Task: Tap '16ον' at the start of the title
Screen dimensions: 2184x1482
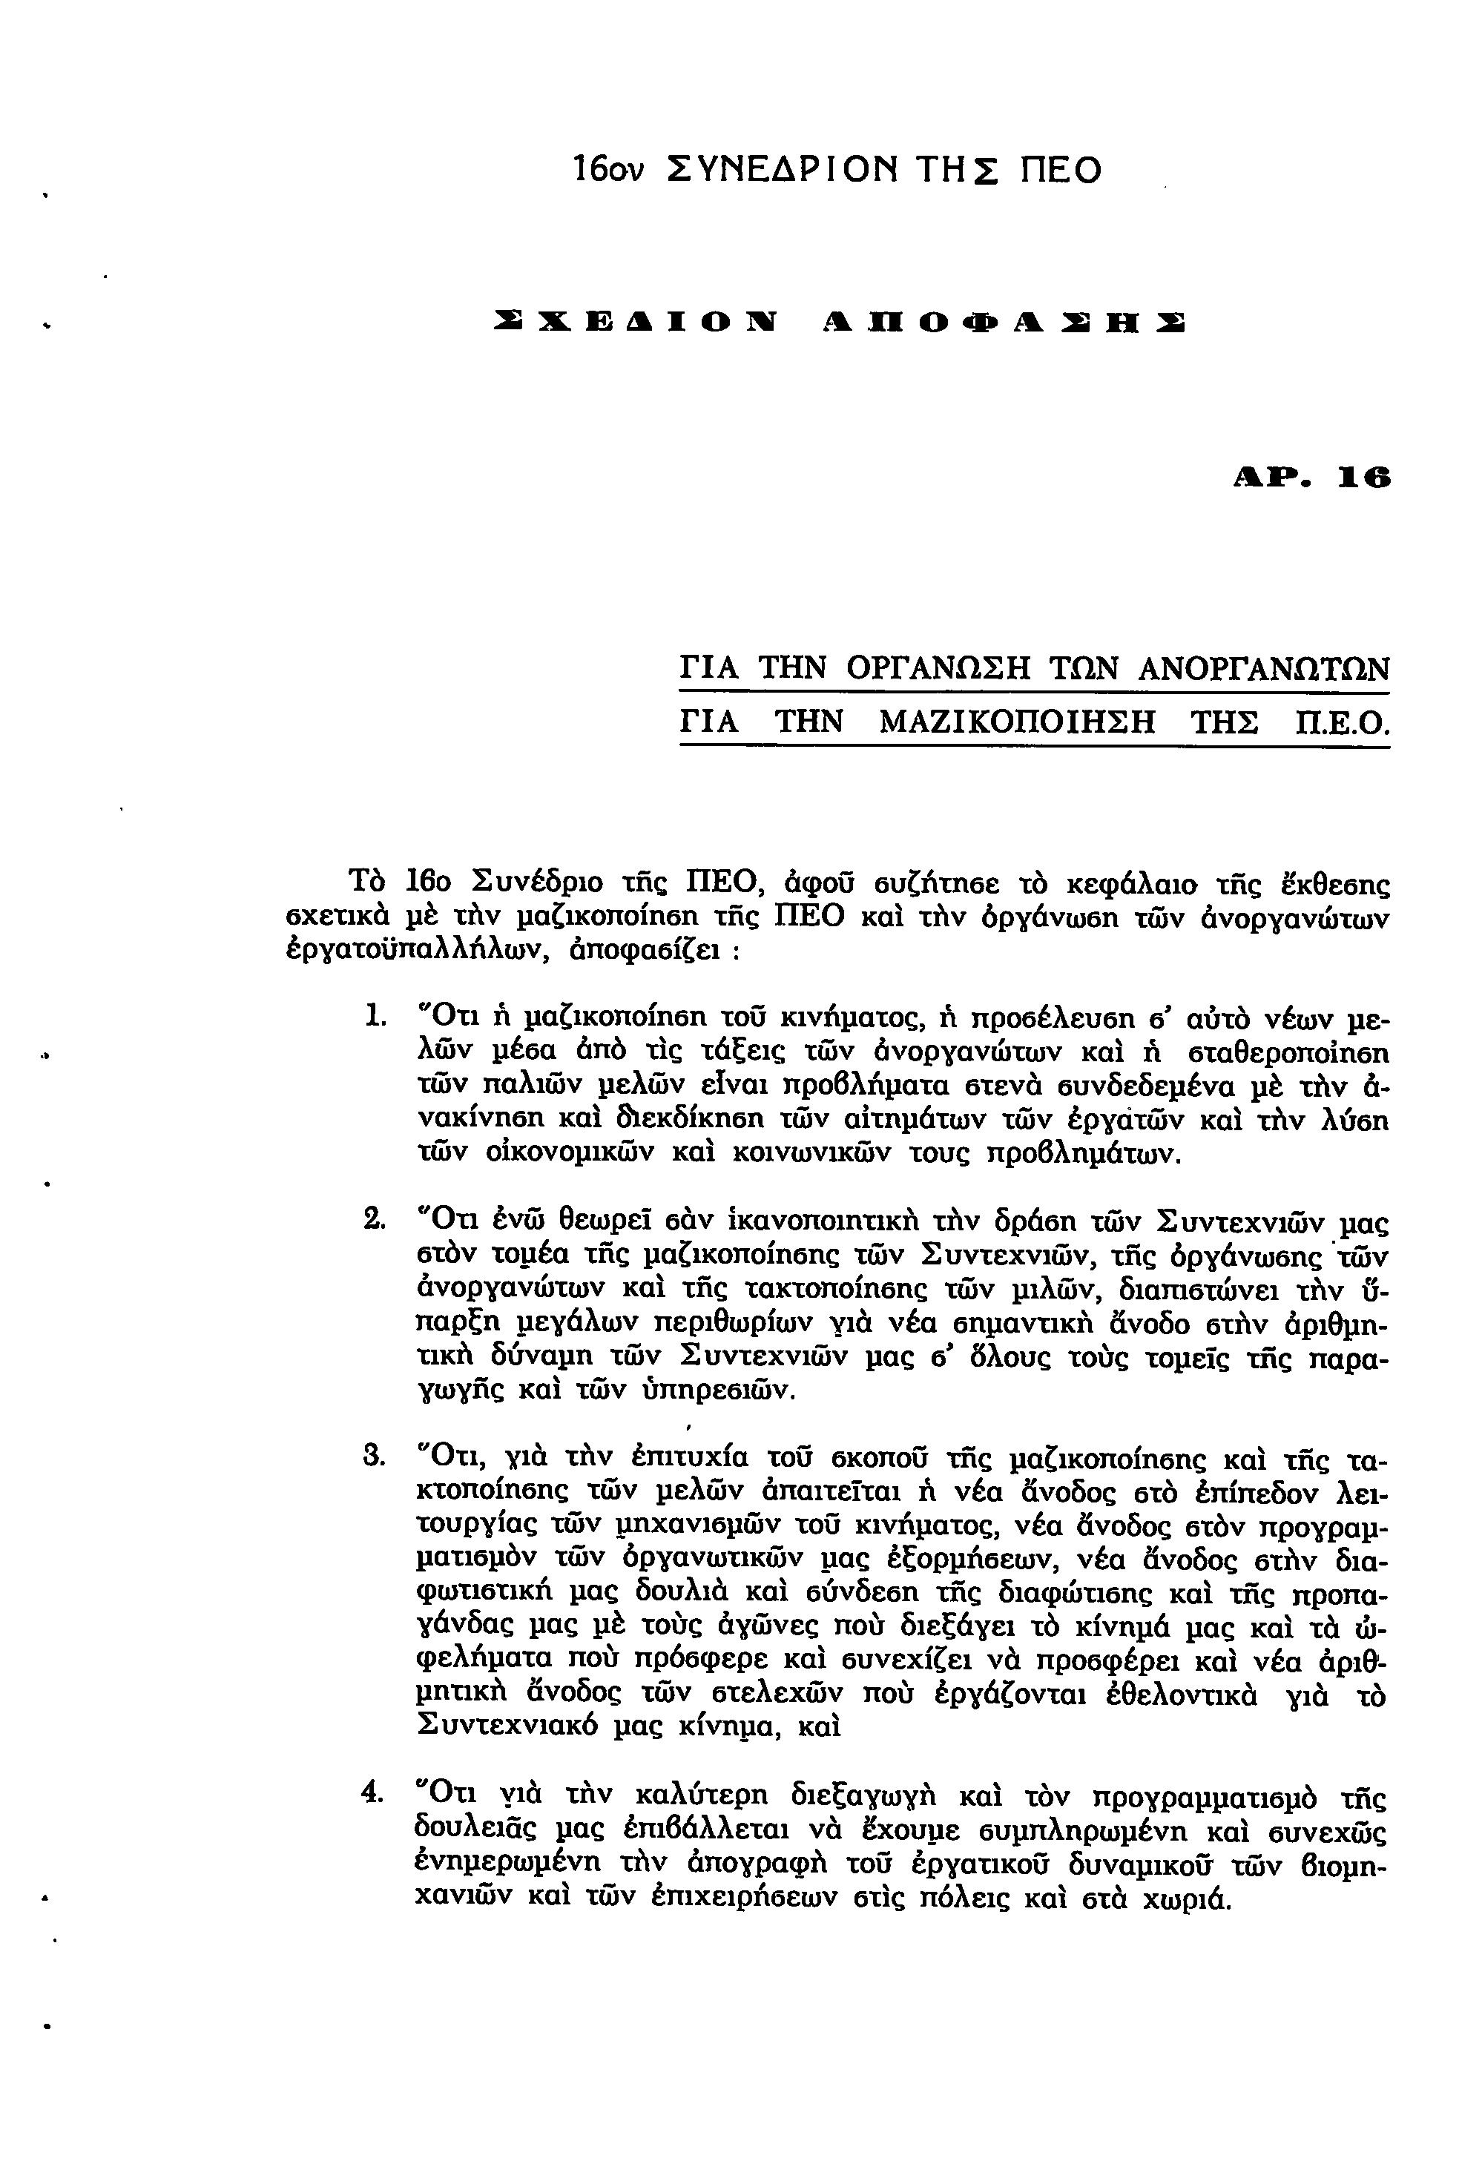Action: (607, 169)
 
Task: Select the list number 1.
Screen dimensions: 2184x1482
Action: (373, 1017)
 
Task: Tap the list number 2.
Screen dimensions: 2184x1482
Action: (373, 1221)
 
